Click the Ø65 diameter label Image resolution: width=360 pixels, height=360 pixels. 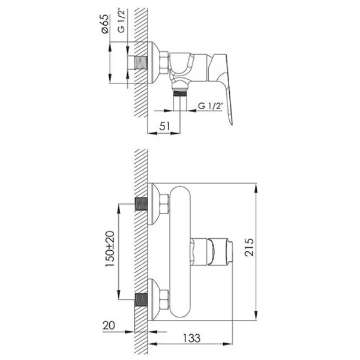click(104, 24)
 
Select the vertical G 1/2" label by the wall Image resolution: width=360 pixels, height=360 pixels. click(121, 21)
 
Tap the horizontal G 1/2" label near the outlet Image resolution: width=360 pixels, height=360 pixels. click(211, 106)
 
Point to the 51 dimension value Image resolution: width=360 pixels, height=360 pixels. click(165, 126)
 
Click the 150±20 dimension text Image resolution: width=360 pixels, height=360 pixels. click(110, 249)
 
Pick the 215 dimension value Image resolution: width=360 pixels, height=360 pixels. click(249, 247)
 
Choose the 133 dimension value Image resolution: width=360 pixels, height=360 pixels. click(192, 338)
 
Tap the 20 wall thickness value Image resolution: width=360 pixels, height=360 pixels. click(109, 325)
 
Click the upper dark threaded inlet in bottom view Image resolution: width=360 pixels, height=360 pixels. click(141, 204)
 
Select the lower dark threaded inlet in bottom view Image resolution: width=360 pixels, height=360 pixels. click(141, 299)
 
